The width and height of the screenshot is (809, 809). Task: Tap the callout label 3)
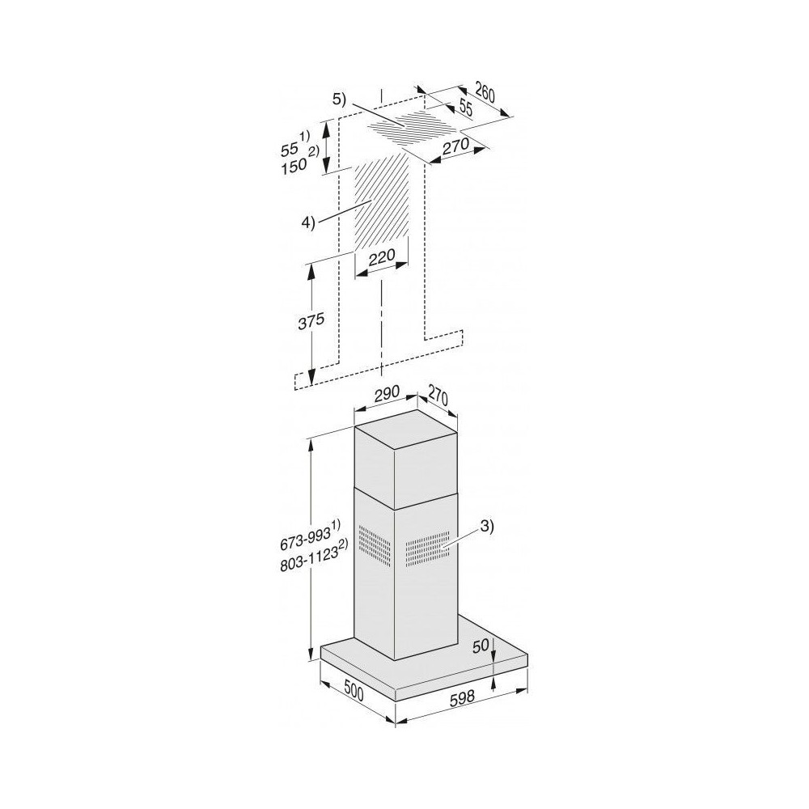pos(484,527)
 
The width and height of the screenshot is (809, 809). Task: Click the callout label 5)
pos(338,100)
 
